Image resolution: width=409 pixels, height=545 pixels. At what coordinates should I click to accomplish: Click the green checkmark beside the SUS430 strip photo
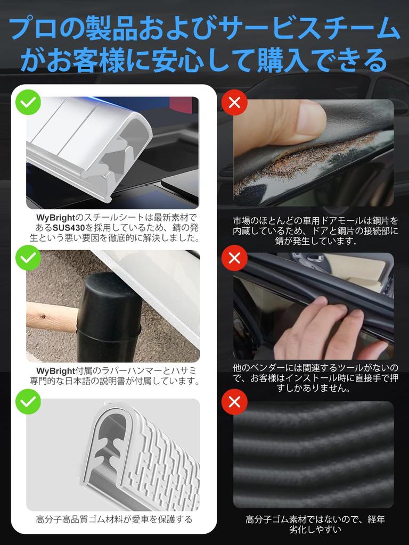pyautogui.click(x=28, y=102)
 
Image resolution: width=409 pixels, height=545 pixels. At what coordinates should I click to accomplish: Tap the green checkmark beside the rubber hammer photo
pyautogui.click(x=28, y=258)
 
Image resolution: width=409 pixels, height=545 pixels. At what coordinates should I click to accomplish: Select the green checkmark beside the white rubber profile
pyautogui.click(x=28, y=402)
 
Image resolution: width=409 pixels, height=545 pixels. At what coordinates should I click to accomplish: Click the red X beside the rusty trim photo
pyautogui.click(x=234, y=102)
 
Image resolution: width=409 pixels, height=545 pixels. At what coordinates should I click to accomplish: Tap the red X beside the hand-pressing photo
pyautogui.click(x=234, y=258)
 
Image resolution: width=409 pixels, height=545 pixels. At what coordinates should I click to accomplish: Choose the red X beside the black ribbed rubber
pyautogui.click(x=234, y=402)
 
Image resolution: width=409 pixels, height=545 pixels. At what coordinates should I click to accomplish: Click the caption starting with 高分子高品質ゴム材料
pyautogui.click(x=114, y=519)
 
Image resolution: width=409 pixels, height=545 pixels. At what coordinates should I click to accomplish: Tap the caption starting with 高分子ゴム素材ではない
pyautogui.click(x=315, y=524)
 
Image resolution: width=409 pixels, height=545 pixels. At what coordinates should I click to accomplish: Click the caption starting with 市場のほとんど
pyautogui.click(x=315, y=230)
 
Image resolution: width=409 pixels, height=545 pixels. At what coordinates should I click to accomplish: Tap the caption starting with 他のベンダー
pyautogui.click(x=315, y=378)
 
